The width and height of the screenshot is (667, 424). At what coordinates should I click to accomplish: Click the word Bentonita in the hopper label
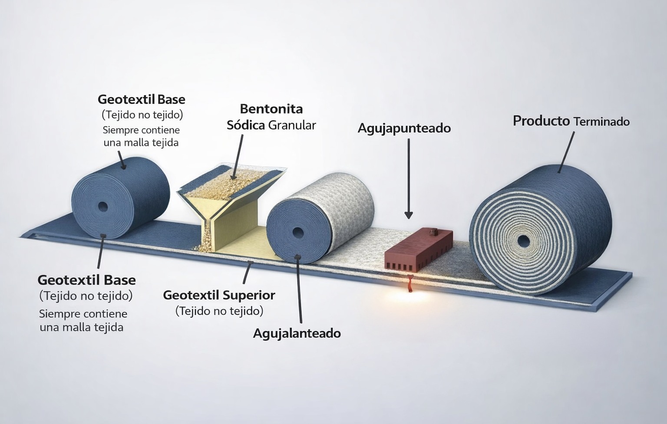(x=271, y=109)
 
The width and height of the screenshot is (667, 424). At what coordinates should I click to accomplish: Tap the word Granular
(x=292, y=125)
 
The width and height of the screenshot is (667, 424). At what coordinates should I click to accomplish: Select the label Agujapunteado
(x=404, y=128)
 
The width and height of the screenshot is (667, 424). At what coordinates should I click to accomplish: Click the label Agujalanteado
(x=297, y=334)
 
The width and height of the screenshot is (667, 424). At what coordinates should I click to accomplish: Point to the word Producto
(x=541, y=121)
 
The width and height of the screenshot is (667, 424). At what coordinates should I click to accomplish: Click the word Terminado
(x=601, y=122)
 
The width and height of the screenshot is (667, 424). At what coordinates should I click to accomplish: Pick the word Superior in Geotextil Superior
(x=249, y=296)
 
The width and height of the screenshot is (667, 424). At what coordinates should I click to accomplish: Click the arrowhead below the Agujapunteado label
(x=409, y=215)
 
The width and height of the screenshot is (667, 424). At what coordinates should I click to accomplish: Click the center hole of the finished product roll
(x=523, y=241)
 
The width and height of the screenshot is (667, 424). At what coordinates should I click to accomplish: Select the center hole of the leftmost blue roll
(x=102, y=206)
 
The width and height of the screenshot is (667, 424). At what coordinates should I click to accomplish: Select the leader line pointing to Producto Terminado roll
(x=566, y=152)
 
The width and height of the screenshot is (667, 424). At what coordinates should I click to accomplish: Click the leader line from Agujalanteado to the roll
(x=299, y=289)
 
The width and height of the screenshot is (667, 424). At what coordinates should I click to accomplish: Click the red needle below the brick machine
(x=411, y=283)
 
